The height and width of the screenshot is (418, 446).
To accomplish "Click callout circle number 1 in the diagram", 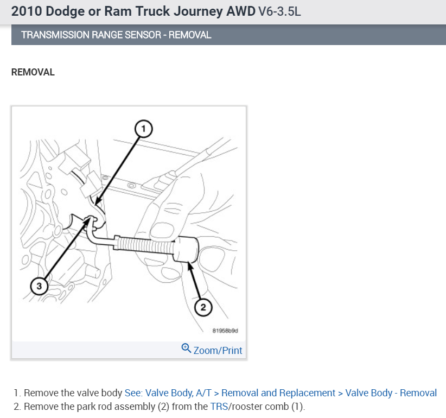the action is (143, 128).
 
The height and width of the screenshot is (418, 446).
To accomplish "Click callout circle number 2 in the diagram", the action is (202, 308).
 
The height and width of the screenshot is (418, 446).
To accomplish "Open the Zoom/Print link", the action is (218, 350).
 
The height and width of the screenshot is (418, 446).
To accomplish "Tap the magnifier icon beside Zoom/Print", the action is (186, 348).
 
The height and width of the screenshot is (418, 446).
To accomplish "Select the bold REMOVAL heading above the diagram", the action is (33, 72).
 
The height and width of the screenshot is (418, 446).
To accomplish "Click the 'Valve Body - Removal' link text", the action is (391, 393).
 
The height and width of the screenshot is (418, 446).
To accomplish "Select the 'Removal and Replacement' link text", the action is (278, 393).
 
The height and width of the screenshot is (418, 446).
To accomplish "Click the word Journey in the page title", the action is (180, 11).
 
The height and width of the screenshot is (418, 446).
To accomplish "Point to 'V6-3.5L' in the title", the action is (278, 11).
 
